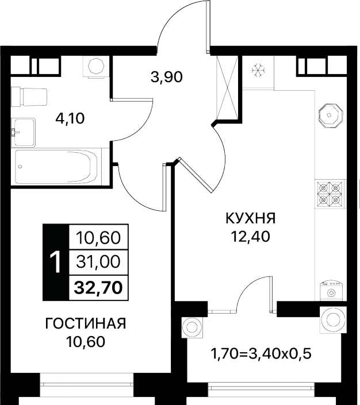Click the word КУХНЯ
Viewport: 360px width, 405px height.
[251, 218]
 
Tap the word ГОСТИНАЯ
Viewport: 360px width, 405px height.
[86, 323]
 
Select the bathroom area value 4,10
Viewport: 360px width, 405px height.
[70, 119]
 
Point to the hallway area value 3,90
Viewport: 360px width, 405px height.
[167, 77]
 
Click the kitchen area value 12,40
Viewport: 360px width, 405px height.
[251, 236]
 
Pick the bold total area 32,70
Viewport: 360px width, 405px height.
[98, 287]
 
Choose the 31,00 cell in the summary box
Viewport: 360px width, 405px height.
[98, 261]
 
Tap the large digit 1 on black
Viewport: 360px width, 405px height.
[56, 263]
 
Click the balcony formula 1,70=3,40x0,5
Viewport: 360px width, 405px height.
[261, 354]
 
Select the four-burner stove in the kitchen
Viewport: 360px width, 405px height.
[330, 194]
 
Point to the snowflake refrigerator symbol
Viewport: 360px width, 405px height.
[258, 70]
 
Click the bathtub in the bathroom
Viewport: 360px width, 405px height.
[56, 167]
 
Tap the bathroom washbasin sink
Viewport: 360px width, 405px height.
[23, 132]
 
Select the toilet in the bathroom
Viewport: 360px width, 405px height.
[29, 97]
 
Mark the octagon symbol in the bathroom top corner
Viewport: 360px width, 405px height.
[96, 66]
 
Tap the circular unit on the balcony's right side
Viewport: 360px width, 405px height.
[333, 320]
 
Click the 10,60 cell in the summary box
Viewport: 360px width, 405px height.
[98, 237]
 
